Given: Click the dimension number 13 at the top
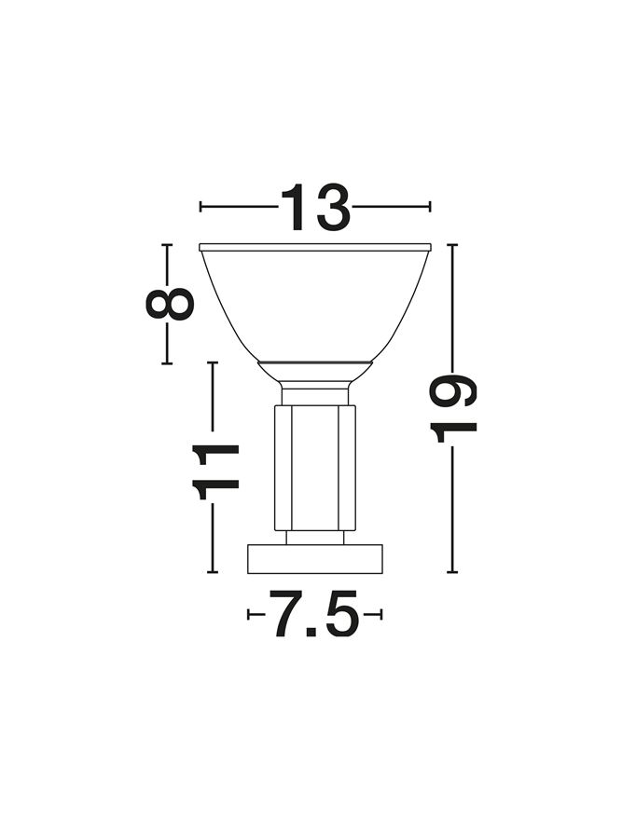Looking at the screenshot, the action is [315, 208].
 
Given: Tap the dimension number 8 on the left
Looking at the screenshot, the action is [170, 304].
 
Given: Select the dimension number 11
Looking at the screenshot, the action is [214, 472].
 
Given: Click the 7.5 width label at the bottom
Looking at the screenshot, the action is [313, 614].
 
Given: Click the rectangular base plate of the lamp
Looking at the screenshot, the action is [314, 559].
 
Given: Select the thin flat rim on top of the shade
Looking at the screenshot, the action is [315, 247].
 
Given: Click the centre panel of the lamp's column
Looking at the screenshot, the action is [314, 468].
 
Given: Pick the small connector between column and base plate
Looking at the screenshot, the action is [314, 538].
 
